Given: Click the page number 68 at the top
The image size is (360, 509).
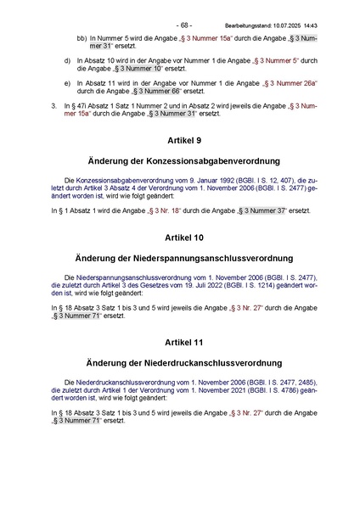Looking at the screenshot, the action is (184, 25).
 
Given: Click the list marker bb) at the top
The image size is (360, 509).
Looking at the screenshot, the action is (82, 39).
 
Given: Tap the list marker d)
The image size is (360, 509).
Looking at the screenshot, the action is (68, 62).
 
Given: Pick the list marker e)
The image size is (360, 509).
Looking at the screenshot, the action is (68, 84).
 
